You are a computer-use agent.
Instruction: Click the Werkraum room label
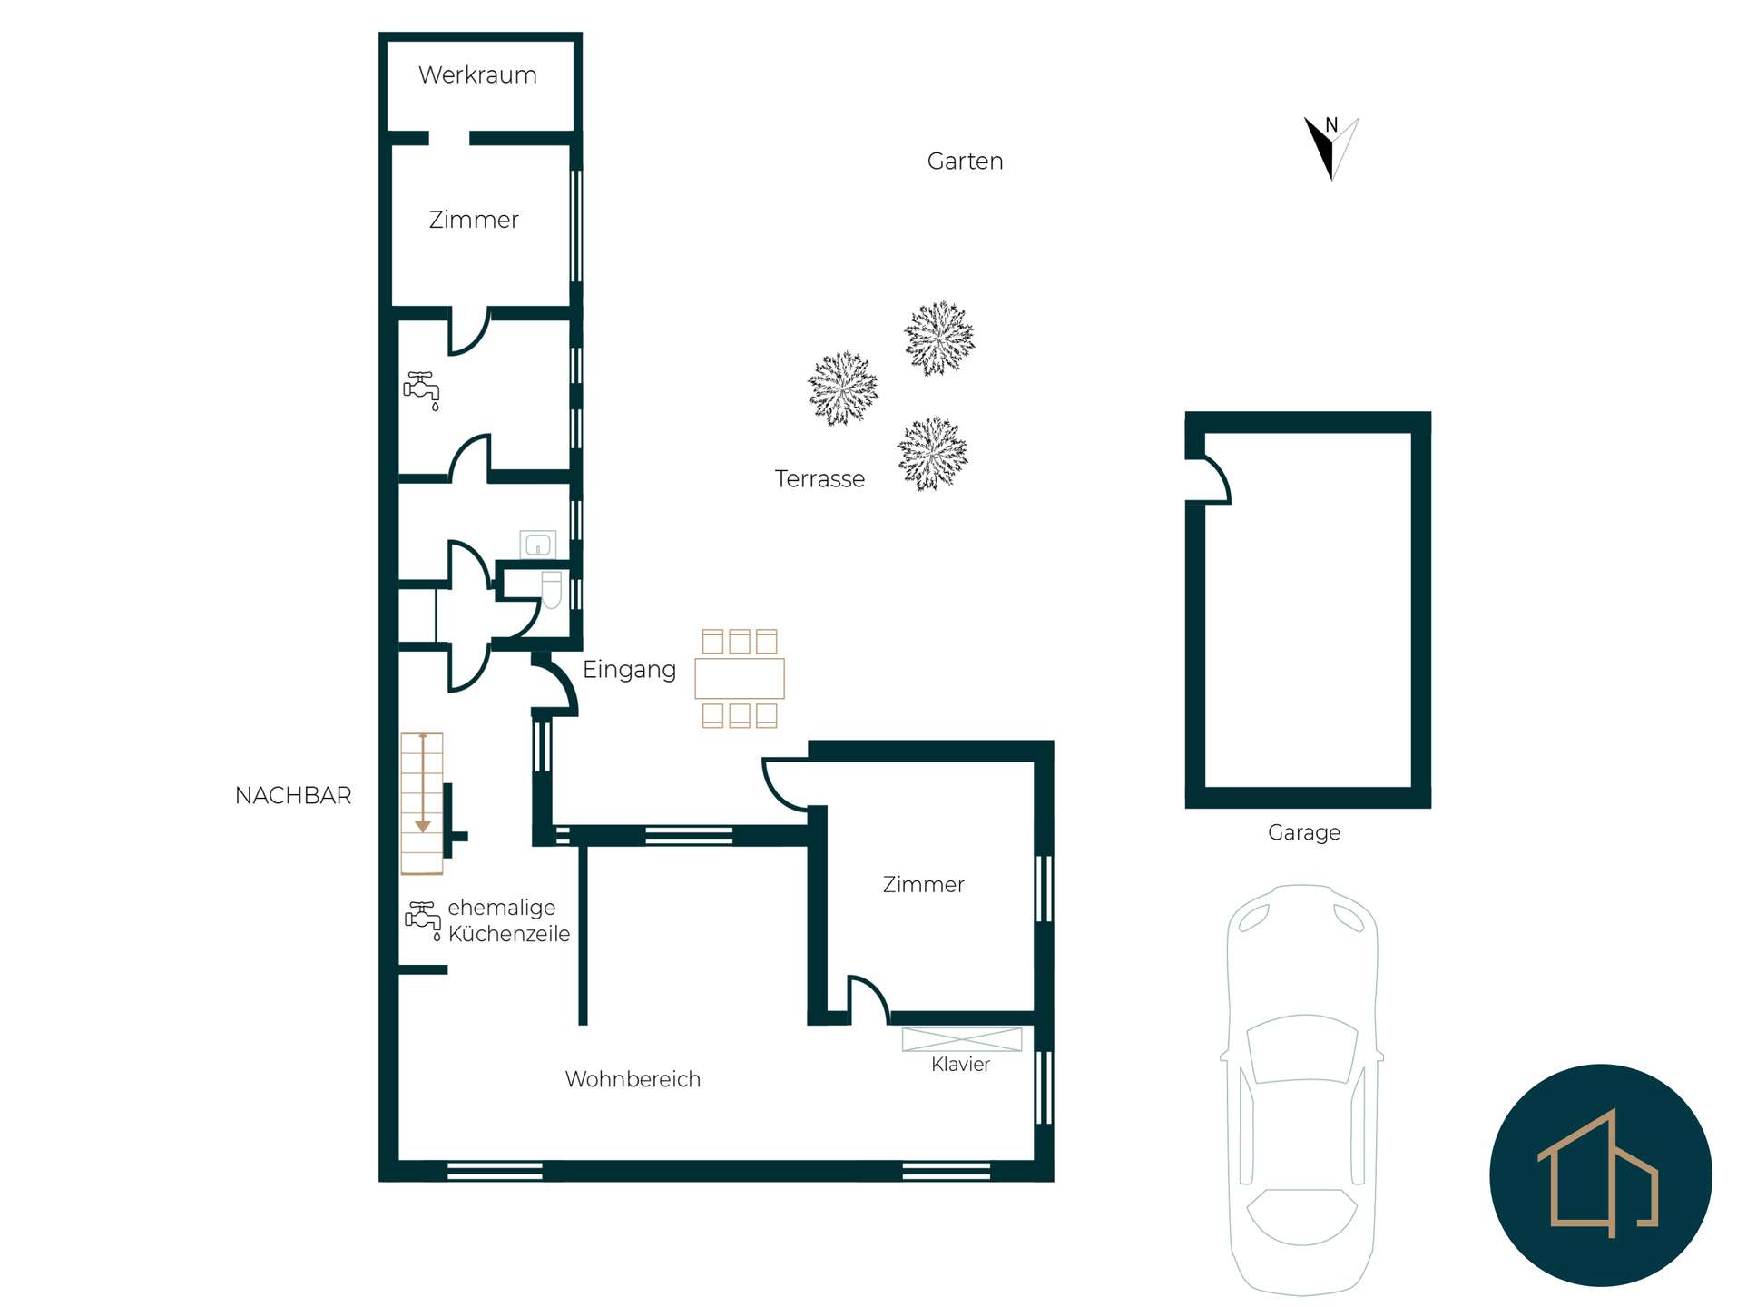(477, 74)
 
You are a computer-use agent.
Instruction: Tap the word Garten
(965, 162)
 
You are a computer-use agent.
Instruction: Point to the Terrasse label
(819, 479)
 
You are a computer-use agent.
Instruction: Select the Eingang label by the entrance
(629, 670)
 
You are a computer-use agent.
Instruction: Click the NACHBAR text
(293, 796)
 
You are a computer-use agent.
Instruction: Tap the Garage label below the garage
(1303, 833)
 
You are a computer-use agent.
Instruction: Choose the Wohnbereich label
(633, 1079)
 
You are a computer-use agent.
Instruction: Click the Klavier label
(960, 1065)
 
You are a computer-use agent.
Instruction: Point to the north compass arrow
(1331, 148)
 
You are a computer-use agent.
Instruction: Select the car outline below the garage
(1302, 1089)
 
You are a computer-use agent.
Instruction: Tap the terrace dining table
(740, 678)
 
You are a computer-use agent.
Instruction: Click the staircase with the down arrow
(422, 803)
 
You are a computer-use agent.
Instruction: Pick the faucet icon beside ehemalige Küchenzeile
(423, 919)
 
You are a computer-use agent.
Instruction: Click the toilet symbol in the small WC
(552, 589)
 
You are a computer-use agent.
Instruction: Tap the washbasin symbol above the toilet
(538, 545)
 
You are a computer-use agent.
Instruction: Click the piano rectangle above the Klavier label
(962, 1039)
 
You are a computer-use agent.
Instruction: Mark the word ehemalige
(502, 908)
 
